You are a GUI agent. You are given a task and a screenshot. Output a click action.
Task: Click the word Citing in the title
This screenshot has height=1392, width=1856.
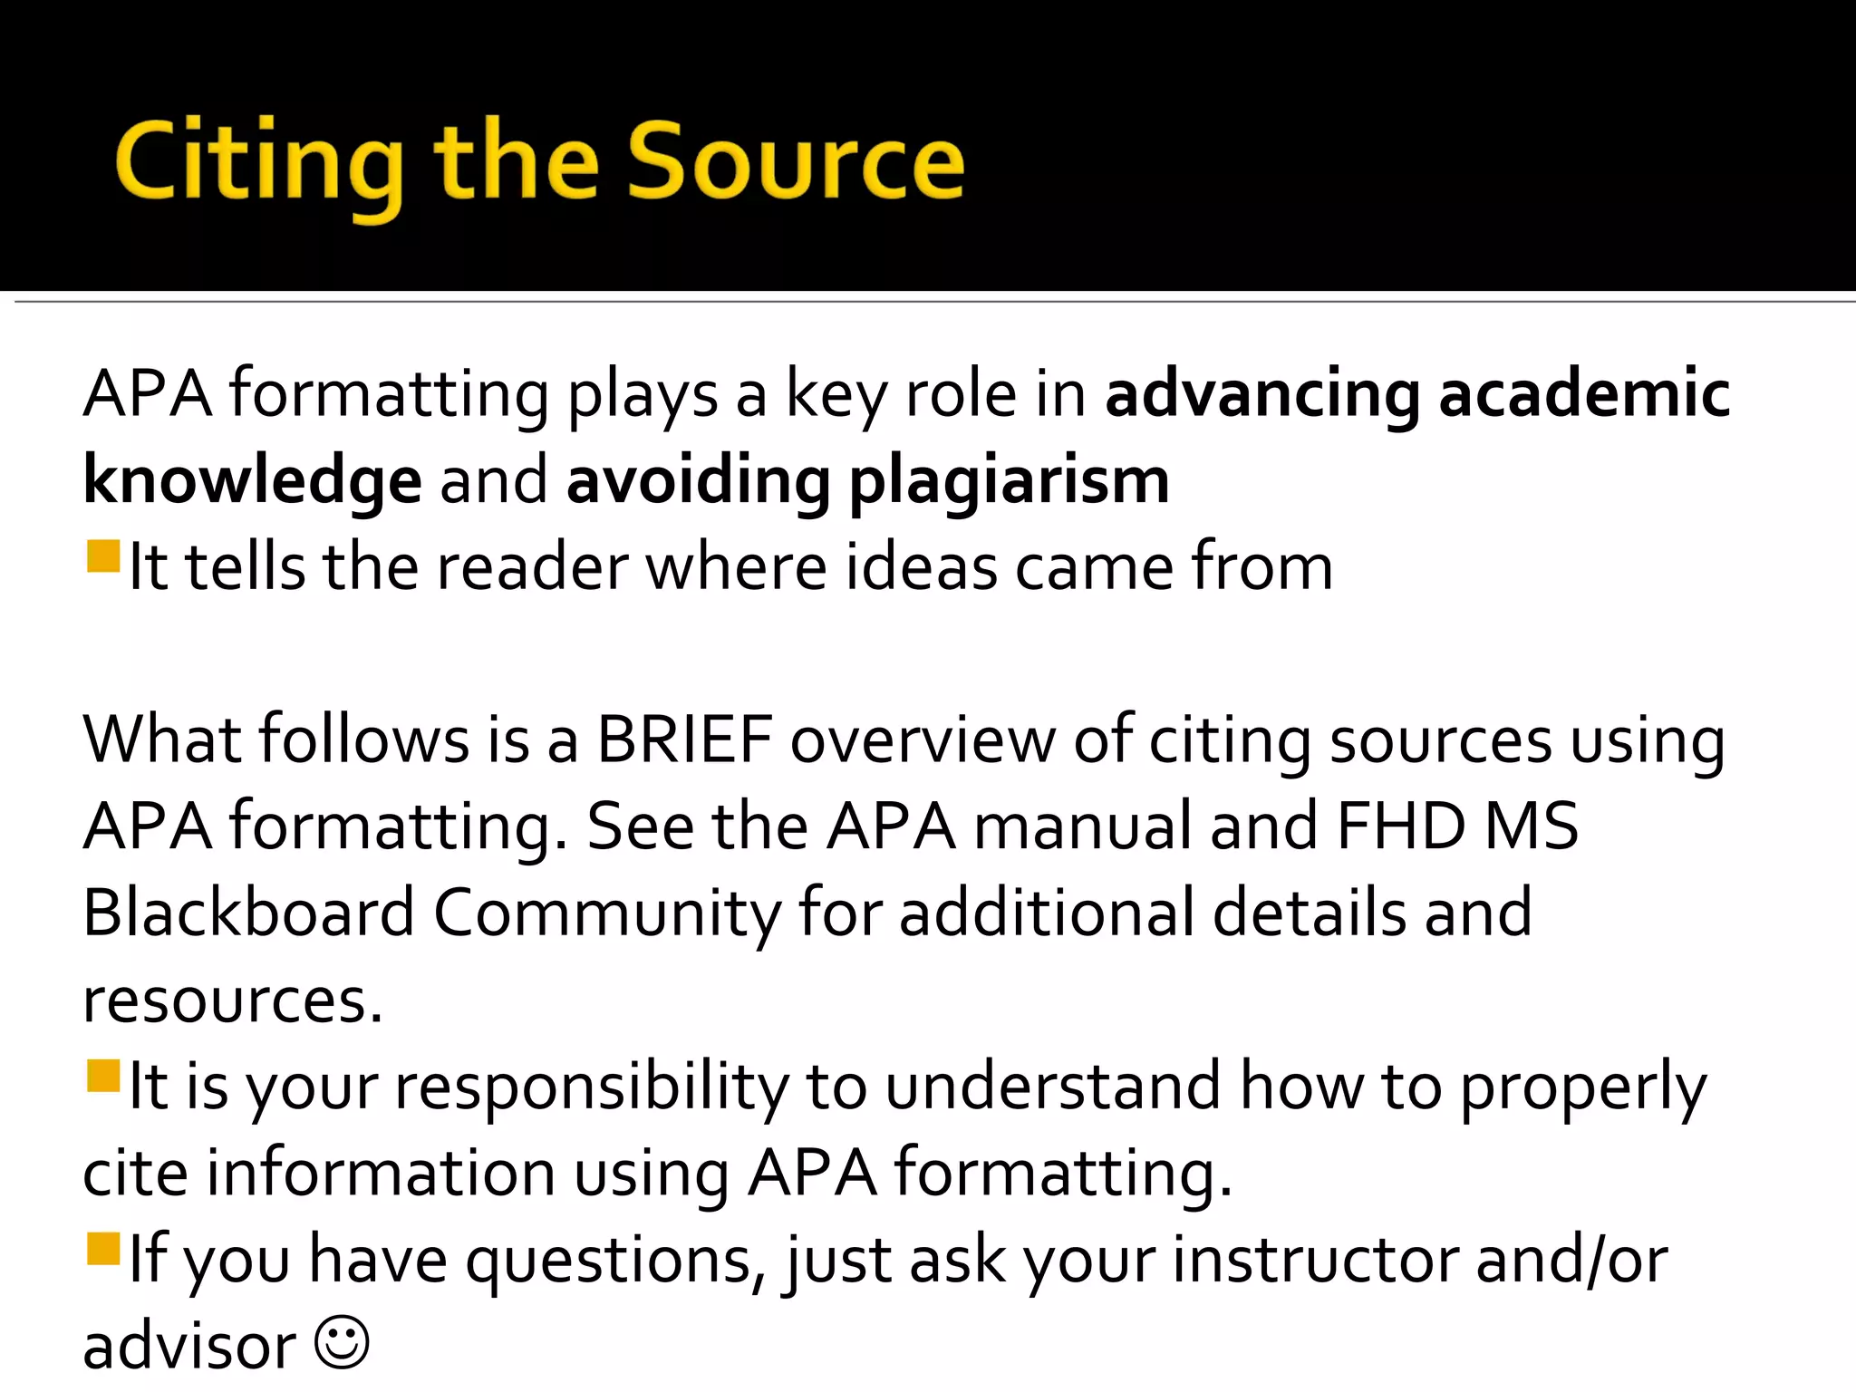(259, 164)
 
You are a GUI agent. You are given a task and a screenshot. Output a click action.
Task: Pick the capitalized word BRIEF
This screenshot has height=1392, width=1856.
(684, 739)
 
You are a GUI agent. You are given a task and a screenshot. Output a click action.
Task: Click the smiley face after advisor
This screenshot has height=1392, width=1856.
(342, 1342)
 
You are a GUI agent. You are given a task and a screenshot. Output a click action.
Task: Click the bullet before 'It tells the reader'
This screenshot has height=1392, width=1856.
(103, 556)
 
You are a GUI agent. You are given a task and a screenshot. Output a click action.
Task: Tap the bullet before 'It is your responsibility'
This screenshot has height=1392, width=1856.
(103, 1077)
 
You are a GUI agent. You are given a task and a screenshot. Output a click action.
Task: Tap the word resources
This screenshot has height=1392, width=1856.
(232, 1000)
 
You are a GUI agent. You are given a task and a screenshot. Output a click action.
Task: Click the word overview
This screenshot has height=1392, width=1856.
(923, 739)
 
